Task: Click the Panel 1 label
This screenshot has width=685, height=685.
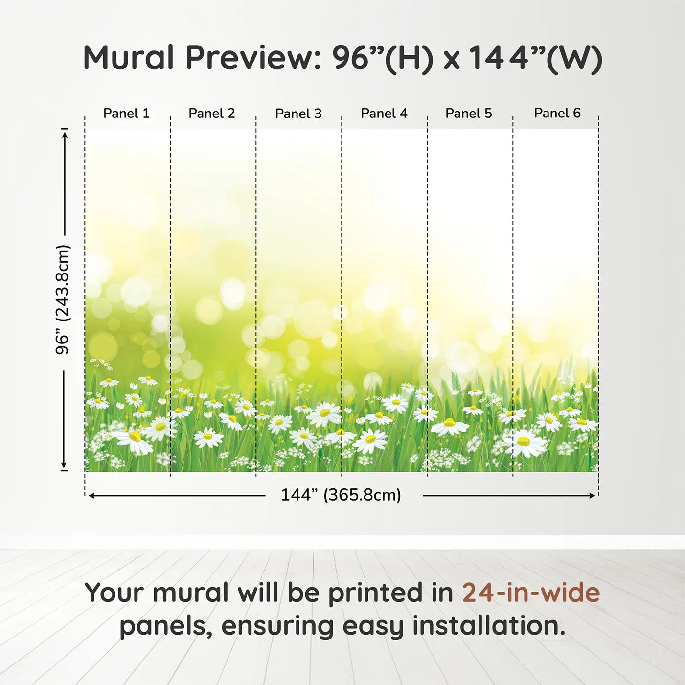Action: (126, 113)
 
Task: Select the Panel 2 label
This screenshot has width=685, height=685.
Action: (212, 113)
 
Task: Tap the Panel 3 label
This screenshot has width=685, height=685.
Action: (298, 114)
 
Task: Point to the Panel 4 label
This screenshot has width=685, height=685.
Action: (384, 113)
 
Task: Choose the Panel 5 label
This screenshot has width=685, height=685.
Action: (469, 113)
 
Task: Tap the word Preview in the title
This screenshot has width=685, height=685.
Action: (253, 58)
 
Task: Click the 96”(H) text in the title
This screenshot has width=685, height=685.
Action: (383, 59)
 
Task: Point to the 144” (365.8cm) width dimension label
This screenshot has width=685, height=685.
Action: (341, 495)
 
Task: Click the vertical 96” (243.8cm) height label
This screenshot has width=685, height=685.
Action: (62, 299)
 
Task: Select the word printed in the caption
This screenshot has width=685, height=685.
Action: (390, 594)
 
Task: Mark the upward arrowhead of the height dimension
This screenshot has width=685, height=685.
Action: (64, 135)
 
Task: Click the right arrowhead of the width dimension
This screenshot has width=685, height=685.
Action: (592, 496)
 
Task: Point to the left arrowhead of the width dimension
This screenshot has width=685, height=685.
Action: (91, 496)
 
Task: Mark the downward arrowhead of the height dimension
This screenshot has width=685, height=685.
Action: (64, 465)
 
